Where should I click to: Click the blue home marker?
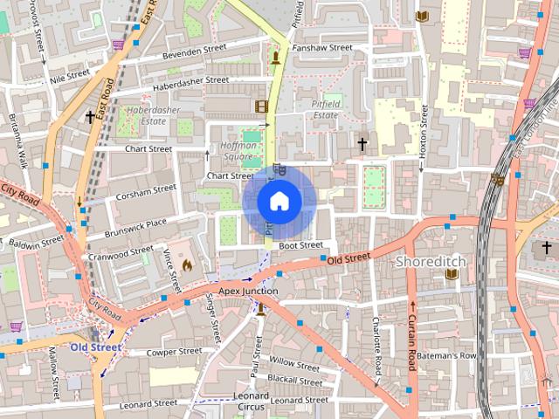279,201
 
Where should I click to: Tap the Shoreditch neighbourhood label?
431,262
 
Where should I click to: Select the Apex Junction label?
248,291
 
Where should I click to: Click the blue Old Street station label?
96,347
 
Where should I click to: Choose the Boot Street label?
300,245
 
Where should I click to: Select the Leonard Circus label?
252,401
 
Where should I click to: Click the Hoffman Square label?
238,151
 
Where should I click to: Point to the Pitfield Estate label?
325,109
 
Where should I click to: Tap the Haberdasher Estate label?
147,116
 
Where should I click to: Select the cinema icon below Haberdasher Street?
261,106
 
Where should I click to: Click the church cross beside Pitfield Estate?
362,142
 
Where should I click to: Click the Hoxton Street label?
423,131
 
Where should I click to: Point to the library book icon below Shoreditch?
452,274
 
